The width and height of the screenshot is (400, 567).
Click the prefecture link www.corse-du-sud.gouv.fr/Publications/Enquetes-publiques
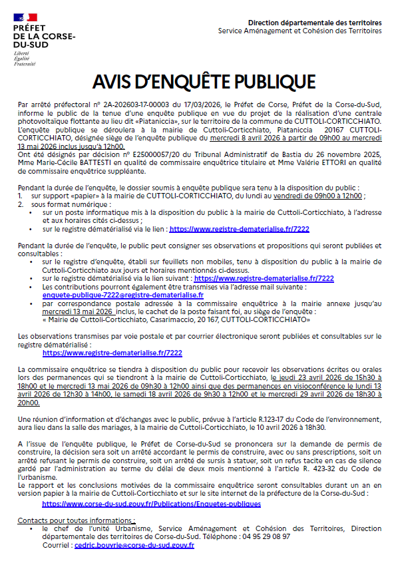click(151, 504)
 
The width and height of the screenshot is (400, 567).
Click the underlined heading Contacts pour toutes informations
click(77, 519)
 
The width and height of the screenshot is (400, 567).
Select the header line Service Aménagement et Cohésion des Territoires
click(300, 31)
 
